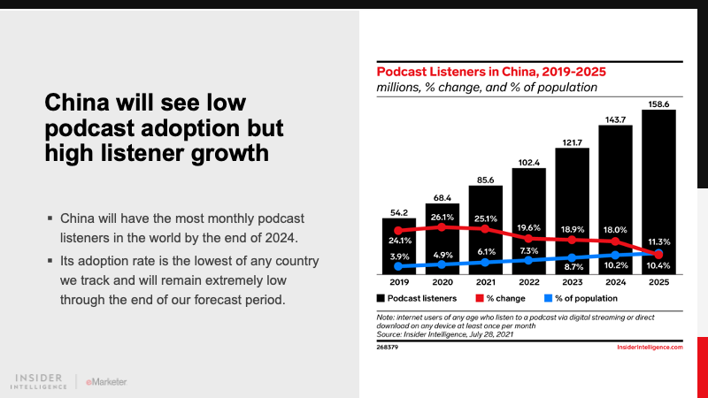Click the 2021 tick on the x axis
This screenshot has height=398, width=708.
(x=484, y=283)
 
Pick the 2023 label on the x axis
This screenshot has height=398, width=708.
(x=571, y=283)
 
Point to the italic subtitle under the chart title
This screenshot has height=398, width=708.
(x=487, y=88)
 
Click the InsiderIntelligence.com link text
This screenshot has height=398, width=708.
(x=649, y=348)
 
